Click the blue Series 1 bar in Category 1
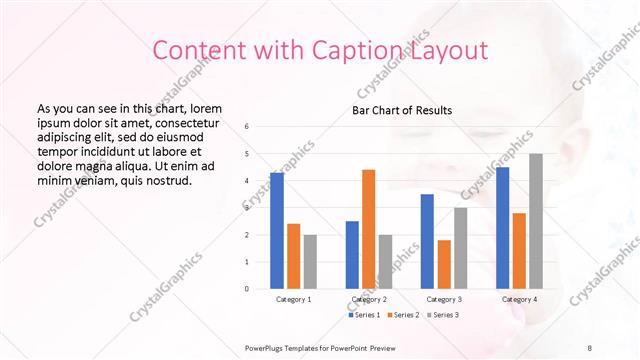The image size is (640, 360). [277, 231]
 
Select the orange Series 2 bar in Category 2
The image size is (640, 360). [368, 229]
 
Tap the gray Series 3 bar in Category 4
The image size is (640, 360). [536, 221]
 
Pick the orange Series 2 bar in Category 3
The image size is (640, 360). [444, 264]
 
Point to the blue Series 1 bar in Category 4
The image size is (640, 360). [502, 228]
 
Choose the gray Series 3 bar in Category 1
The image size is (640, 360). [310, 262]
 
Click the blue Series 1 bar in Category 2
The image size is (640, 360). [352, 255]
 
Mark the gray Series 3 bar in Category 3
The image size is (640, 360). [460, 248]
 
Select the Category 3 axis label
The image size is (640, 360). [444, 299]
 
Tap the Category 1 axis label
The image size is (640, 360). [293, 299]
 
